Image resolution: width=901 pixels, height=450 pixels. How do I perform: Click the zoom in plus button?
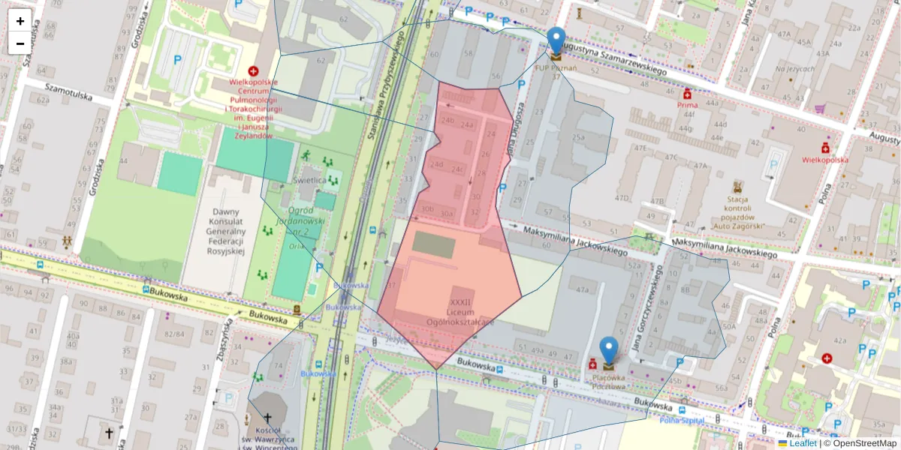pos(20,21)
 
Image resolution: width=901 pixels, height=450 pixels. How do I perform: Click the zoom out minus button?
pos(20,43)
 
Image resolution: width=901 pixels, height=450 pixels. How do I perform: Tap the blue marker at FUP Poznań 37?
pos(556,40)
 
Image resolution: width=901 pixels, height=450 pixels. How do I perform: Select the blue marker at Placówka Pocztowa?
pos(608,350)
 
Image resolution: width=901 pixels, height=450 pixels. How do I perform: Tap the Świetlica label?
pos(309,181)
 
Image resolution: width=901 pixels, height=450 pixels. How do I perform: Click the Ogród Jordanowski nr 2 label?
pos(304,221)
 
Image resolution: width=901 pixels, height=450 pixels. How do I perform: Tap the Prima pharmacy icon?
pos(686,94)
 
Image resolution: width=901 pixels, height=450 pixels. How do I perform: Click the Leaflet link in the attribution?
pos(802,443)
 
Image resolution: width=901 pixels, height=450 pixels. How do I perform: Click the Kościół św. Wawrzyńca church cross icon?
pos(266,417)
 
